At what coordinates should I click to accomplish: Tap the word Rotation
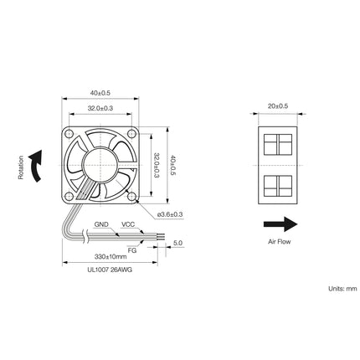tap(19, 165)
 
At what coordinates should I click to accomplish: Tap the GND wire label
tap(101, 224)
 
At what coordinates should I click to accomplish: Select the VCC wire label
tap(128, 224)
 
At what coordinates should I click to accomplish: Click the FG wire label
tap(132, 249)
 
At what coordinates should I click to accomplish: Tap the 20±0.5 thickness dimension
tap(277, 106)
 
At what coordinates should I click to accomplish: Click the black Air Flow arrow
tap(278, 224)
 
